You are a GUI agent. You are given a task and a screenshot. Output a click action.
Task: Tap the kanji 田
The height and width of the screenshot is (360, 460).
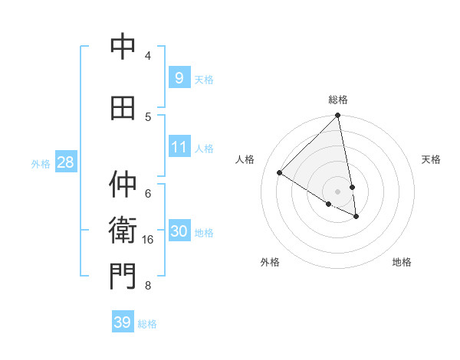click(123, 109)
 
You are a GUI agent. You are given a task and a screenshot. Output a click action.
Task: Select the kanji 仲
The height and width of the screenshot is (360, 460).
click(123, 184)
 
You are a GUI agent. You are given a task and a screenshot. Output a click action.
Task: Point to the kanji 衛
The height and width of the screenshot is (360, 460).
click(123, 230)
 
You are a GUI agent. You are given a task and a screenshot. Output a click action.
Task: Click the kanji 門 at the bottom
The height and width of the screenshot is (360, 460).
click(123, 277)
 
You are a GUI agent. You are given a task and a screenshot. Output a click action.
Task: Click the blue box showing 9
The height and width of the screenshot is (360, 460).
click(179, 77)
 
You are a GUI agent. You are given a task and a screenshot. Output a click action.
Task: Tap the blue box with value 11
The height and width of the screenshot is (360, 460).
click(179, 147)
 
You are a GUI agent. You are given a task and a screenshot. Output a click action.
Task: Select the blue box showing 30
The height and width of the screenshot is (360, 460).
click(179, 232)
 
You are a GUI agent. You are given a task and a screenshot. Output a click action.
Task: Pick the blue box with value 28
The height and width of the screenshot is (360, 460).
click(64, 162)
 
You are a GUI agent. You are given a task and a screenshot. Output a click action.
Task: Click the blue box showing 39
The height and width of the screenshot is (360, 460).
click(122, 322)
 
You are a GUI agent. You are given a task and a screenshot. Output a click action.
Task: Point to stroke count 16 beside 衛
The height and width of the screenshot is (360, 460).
click(148, 240)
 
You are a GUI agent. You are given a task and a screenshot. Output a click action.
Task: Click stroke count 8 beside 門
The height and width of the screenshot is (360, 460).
click(147, 286)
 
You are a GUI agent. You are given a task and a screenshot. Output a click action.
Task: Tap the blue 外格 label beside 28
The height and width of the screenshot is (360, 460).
click(41, 163)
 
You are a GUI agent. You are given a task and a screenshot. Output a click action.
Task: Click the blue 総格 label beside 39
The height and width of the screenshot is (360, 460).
click(147, 324)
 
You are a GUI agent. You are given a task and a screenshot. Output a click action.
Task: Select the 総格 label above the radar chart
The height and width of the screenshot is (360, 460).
click(337, 100)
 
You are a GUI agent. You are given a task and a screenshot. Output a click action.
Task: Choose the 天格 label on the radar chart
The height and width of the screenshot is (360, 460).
click(431, 159)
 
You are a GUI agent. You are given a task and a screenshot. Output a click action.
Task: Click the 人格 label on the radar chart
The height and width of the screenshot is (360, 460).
click(245, 159)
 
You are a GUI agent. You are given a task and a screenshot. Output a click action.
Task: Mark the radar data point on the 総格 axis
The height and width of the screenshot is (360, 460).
click(337, 116)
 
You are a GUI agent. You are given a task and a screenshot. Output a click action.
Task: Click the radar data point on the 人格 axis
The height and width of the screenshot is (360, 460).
click(280, 173)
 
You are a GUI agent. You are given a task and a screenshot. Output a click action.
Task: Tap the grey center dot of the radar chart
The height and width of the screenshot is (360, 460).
click(337, 191)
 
